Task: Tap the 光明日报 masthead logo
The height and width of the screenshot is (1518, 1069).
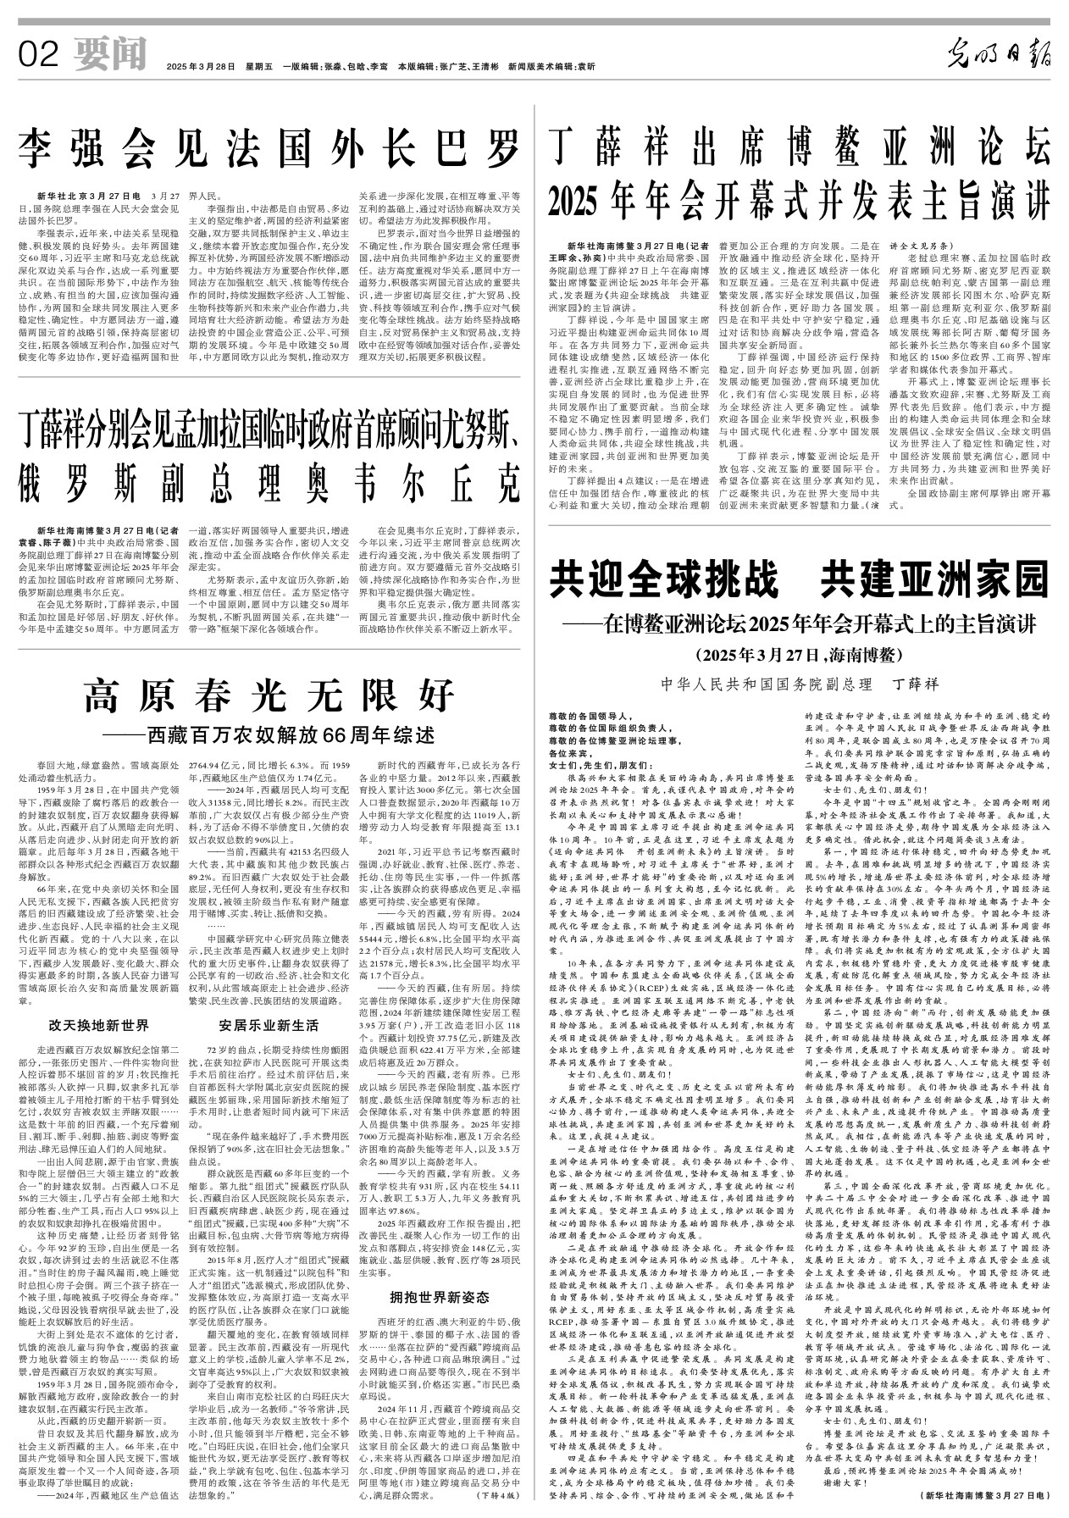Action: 999,57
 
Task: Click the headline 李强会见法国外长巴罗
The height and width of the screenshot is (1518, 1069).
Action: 269,150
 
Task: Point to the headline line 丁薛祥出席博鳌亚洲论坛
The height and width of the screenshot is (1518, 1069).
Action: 799,147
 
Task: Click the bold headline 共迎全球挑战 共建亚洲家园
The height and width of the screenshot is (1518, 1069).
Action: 799,582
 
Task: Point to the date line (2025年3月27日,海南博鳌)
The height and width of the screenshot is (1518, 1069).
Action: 799,655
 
